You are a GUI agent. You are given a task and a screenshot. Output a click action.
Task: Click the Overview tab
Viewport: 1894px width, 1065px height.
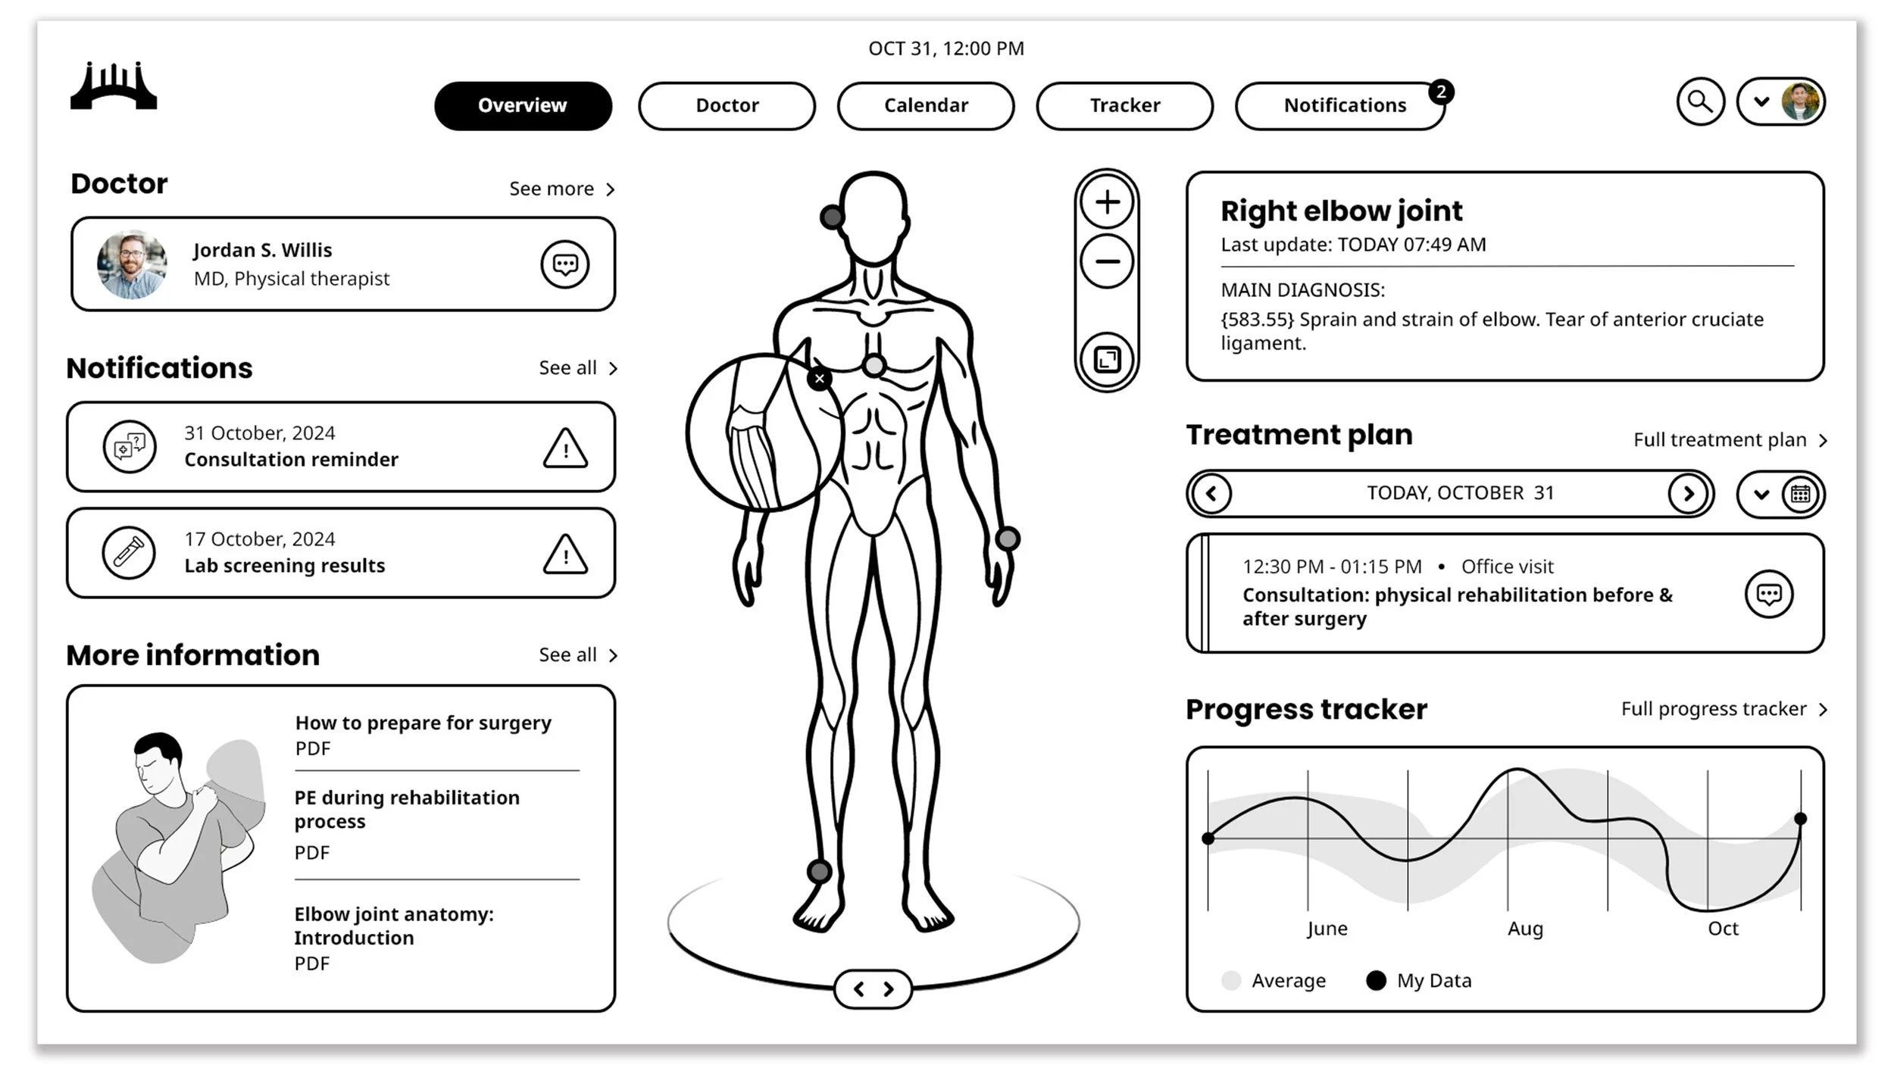pos(523,105)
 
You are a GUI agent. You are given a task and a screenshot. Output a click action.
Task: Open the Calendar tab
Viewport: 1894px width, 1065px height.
pos(926,105)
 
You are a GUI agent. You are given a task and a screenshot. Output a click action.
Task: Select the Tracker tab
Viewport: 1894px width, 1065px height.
pos(1124,105)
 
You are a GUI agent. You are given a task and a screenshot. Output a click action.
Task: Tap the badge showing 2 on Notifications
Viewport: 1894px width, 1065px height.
pos(1441,92)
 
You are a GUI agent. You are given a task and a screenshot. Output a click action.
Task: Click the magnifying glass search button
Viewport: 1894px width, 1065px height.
pos(1700,102)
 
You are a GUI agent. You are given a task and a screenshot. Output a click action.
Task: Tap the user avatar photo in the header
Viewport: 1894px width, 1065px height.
pos(1800,102)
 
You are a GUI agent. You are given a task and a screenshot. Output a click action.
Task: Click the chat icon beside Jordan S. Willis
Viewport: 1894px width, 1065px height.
pos(564,264)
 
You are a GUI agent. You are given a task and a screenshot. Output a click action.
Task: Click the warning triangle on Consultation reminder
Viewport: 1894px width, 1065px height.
pos(565,448)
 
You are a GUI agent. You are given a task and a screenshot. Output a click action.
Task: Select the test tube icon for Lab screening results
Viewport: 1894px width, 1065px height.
pos(129,553)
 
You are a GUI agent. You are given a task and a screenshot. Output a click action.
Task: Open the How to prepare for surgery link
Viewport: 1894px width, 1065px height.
pos(423,723)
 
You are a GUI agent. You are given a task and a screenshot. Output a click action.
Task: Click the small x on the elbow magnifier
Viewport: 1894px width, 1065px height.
pos(819,379)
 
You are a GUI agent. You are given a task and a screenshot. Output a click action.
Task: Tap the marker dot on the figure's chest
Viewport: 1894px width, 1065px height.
pos(874,366)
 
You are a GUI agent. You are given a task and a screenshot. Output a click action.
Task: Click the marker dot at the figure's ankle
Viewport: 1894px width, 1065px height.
pos(819,871)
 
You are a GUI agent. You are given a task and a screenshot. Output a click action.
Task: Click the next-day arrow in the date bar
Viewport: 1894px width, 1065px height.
pos(1688,494)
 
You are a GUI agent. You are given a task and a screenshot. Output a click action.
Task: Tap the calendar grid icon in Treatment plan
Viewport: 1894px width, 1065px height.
pos(1800,495)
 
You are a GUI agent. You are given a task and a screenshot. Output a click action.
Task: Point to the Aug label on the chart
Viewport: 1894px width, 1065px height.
pos(1525,929)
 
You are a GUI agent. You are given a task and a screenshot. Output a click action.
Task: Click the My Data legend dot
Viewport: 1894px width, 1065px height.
pos(1376,980)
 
